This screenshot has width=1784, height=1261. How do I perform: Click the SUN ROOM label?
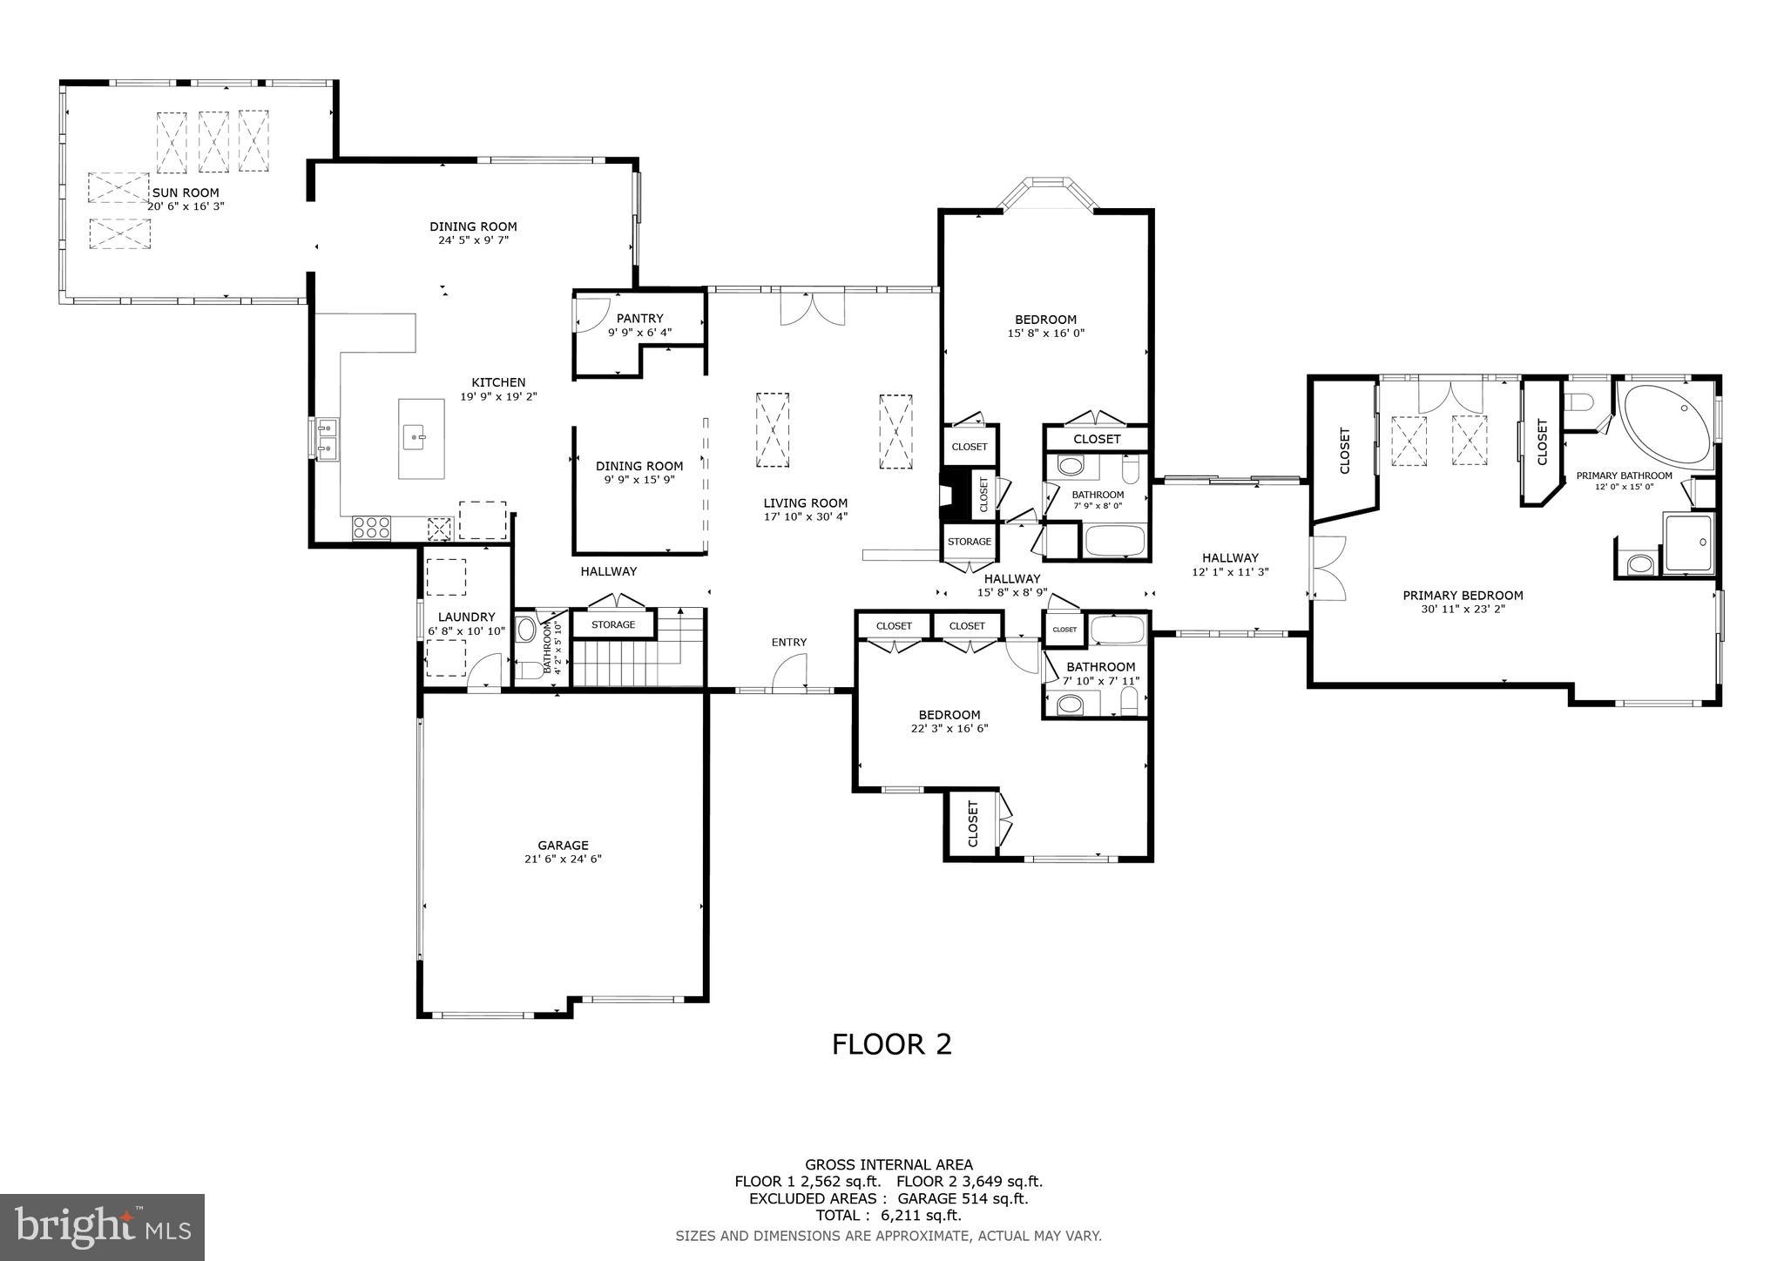click(x=186, y=192)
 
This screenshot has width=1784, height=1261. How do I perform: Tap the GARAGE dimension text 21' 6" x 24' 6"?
click(x=563, y=859)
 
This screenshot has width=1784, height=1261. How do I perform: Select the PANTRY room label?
click(x=639, y=319)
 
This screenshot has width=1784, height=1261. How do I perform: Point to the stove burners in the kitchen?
click(x=372, y=528)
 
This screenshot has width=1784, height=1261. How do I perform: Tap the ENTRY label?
click(x=788, y=643)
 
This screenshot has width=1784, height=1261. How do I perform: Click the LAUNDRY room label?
click(x=466, y=617)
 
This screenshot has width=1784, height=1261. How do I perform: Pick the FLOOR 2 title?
click(x=891, y=1044)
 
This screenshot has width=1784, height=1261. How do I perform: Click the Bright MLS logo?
click(x=102, y=1227)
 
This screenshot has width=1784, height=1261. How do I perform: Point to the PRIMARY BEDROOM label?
click(x=1463, y=596)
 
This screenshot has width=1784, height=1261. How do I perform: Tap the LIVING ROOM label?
click(x=805, y=503)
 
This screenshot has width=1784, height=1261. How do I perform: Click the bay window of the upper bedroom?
click(x=1047, y=191)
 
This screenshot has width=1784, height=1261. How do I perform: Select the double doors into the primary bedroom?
click(x=1328, y=568)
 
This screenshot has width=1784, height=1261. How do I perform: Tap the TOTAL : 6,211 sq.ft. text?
click(x=888, y=1216)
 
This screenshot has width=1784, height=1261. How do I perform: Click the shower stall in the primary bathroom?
click(x=1689, y=543)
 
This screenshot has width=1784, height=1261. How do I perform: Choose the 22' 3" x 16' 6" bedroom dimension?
click(x=949, y=729)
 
